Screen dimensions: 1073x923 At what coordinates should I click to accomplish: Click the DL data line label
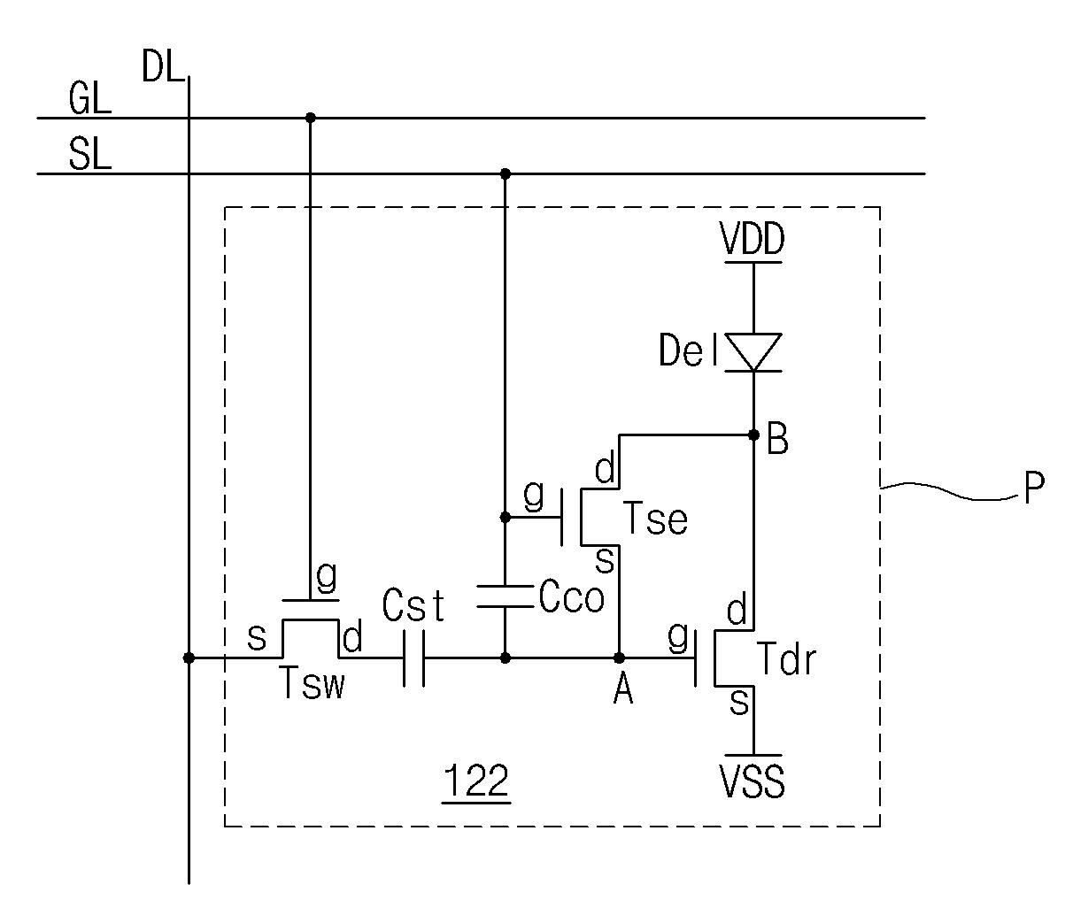163,67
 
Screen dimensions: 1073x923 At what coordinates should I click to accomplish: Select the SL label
90,154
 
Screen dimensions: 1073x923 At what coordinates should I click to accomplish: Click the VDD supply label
753,238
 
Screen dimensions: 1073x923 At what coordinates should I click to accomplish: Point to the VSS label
753,781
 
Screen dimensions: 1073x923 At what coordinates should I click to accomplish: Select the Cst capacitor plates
414,658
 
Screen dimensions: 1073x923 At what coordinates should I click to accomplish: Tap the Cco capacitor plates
506,596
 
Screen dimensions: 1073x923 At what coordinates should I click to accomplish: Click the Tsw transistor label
313,682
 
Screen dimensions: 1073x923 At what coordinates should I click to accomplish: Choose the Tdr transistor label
786,659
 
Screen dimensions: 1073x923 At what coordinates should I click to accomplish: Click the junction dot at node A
619,658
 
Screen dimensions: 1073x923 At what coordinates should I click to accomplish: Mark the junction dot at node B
753,435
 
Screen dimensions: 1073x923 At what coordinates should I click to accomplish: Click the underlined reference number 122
476,781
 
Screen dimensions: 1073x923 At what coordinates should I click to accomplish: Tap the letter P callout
1033,488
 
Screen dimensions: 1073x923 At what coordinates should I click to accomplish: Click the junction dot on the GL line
311,118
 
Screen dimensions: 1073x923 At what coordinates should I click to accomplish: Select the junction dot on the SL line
506,173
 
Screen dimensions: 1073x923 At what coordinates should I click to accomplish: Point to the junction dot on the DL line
189,658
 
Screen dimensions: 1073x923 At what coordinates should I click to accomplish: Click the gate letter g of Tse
534,496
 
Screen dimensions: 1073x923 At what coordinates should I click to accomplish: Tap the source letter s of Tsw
257,638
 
